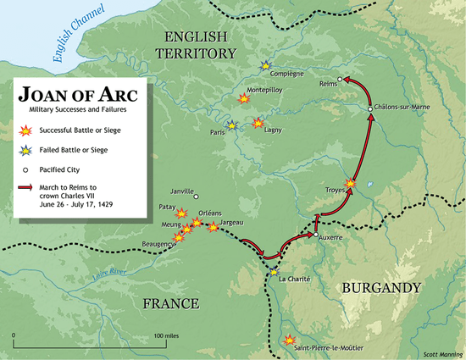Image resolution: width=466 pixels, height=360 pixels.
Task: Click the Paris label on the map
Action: pos(218,134)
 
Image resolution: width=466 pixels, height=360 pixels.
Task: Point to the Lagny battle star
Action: pos(258,124)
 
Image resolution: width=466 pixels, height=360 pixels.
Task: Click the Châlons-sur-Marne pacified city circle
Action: pos(370,108)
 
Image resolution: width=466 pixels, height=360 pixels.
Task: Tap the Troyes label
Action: pos(335,191)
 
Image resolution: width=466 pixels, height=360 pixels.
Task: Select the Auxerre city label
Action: pos(328,238)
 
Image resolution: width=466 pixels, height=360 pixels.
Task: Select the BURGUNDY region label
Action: pos(380,289)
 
